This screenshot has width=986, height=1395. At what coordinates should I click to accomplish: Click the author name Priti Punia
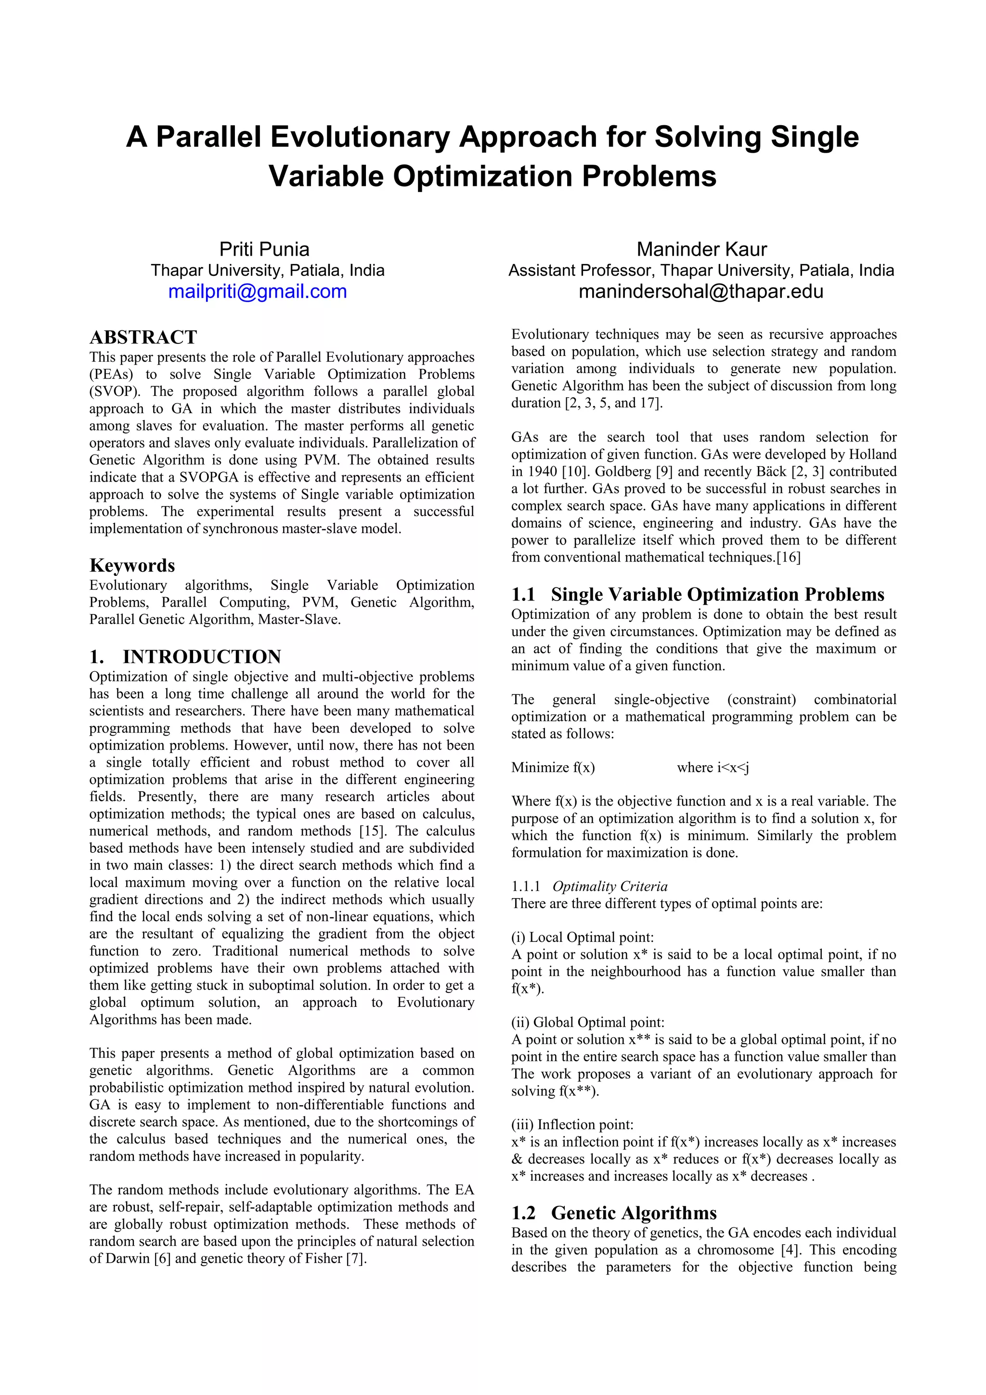pos(264,249)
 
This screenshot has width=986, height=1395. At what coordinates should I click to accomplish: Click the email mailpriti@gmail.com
pos(258,292)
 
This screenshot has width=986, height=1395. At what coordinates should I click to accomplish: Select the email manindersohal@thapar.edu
pos(701,292)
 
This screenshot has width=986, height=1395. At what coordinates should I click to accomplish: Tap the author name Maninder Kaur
pos(701,249)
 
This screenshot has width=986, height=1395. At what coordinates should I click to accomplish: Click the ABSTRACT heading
pos(143,337)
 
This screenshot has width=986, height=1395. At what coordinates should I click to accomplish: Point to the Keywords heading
pos(132,565)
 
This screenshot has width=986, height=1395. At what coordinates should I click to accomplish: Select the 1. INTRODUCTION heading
pos(185,657)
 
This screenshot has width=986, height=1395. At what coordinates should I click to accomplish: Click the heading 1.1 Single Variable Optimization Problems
pos(698,594)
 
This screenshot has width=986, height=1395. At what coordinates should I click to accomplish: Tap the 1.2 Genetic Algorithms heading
pos(613,1212)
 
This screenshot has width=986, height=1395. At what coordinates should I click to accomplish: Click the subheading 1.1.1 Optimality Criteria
pos(589,887)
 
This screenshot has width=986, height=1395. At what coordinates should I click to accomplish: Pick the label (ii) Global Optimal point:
pos(587,1023)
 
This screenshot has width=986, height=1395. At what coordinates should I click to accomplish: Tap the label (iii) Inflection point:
pos(572,1125)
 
